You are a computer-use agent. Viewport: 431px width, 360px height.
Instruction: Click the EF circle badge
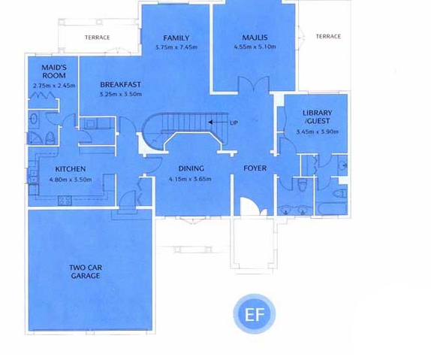point(255,313)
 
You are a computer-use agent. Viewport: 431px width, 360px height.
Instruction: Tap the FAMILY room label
point(176,38)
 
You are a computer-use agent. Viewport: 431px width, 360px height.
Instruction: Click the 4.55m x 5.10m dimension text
point(255,47)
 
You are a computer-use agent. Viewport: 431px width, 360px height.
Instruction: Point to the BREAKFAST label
point(120,84)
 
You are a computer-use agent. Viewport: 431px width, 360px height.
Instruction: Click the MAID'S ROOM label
point(54,71)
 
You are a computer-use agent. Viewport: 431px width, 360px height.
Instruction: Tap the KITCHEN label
point(71,169)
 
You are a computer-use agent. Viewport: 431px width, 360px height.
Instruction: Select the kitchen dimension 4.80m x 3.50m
point(71,180)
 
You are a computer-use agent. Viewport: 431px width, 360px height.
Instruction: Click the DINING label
point(191,168)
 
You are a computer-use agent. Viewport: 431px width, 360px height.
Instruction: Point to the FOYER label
point(255,168)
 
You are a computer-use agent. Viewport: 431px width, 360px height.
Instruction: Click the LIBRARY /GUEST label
point(318,117)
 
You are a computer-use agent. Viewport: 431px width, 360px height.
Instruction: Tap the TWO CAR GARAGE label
point(86,271)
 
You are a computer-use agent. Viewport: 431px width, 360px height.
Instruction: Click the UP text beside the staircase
point(234,123)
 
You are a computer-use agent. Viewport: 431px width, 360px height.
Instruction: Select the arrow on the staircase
point(217,122)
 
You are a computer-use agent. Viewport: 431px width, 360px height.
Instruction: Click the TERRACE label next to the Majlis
point(328,36)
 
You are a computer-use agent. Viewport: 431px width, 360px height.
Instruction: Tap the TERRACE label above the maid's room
point(98,38)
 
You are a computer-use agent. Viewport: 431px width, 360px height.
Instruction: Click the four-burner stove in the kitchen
point(65,201)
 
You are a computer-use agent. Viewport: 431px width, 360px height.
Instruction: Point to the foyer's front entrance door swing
point(250,206)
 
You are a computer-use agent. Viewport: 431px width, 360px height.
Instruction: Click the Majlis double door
point(254,85)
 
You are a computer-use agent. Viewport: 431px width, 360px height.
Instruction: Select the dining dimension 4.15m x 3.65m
point(190,179)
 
